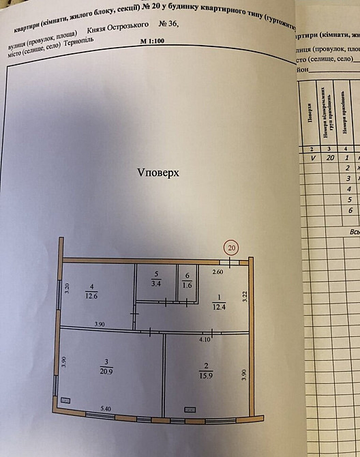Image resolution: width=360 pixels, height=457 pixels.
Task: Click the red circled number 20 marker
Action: [x=232, y=248]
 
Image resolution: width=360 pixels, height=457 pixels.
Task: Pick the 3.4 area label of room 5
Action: [x=155, y=282]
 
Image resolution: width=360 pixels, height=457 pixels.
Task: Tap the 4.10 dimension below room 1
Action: [x=205, y=338]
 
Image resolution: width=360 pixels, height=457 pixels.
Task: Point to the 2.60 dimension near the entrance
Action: [x=217, y=273]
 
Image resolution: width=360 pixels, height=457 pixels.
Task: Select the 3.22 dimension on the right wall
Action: [x=245, y=297]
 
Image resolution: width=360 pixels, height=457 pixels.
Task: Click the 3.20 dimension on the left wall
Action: [x=67, y=288]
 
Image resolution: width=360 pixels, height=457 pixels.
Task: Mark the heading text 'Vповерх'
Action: [x=157, y=173]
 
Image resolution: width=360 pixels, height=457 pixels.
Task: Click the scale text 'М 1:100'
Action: [x=153, y=41]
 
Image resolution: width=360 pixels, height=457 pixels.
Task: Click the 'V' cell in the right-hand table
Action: [x=313, y=157]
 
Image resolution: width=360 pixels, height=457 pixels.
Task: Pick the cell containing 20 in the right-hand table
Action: [x=330, y=157]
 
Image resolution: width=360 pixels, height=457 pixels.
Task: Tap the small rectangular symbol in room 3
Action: [x=65, y=399]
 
